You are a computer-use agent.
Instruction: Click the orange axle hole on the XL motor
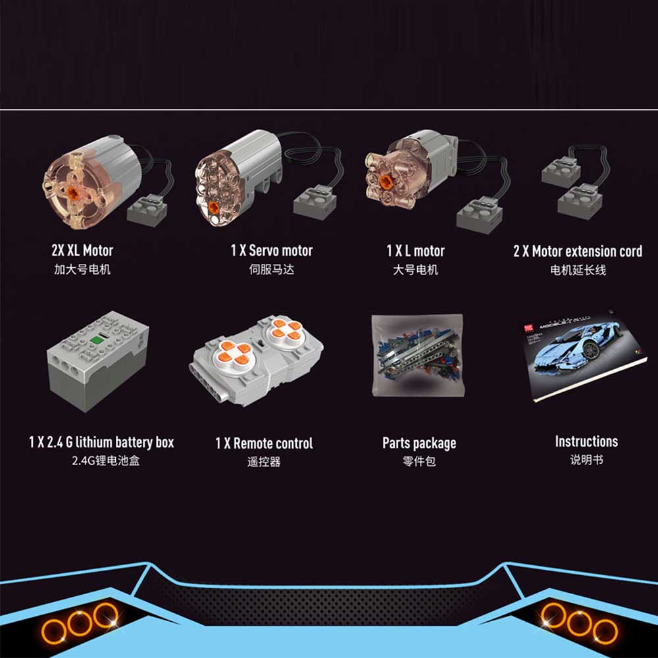tap(73, 193)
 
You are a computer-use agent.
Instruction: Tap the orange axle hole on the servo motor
tap(214, 207)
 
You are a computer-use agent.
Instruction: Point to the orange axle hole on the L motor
tap(386, 182)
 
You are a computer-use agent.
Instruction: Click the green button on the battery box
tap(97, 340)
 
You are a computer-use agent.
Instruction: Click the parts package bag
tap(418, 355)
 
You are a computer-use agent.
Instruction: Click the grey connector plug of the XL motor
tap(147, 210)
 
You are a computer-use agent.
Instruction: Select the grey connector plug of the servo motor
tap(315, 202)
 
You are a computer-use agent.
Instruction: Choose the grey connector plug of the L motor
tap(479, 215)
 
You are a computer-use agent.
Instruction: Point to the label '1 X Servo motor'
tap(272, 251)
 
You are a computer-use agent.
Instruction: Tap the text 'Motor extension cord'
tap(587, 251)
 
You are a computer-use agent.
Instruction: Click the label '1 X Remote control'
tap(264, 443)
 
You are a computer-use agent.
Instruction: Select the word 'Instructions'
tap(586, 442)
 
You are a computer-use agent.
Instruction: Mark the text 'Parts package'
tap(419, 443)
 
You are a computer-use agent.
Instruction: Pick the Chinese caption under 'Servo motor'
tap(272, 269)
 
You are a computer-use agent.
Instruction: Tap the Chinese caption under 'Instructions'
tap(587, 460)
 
